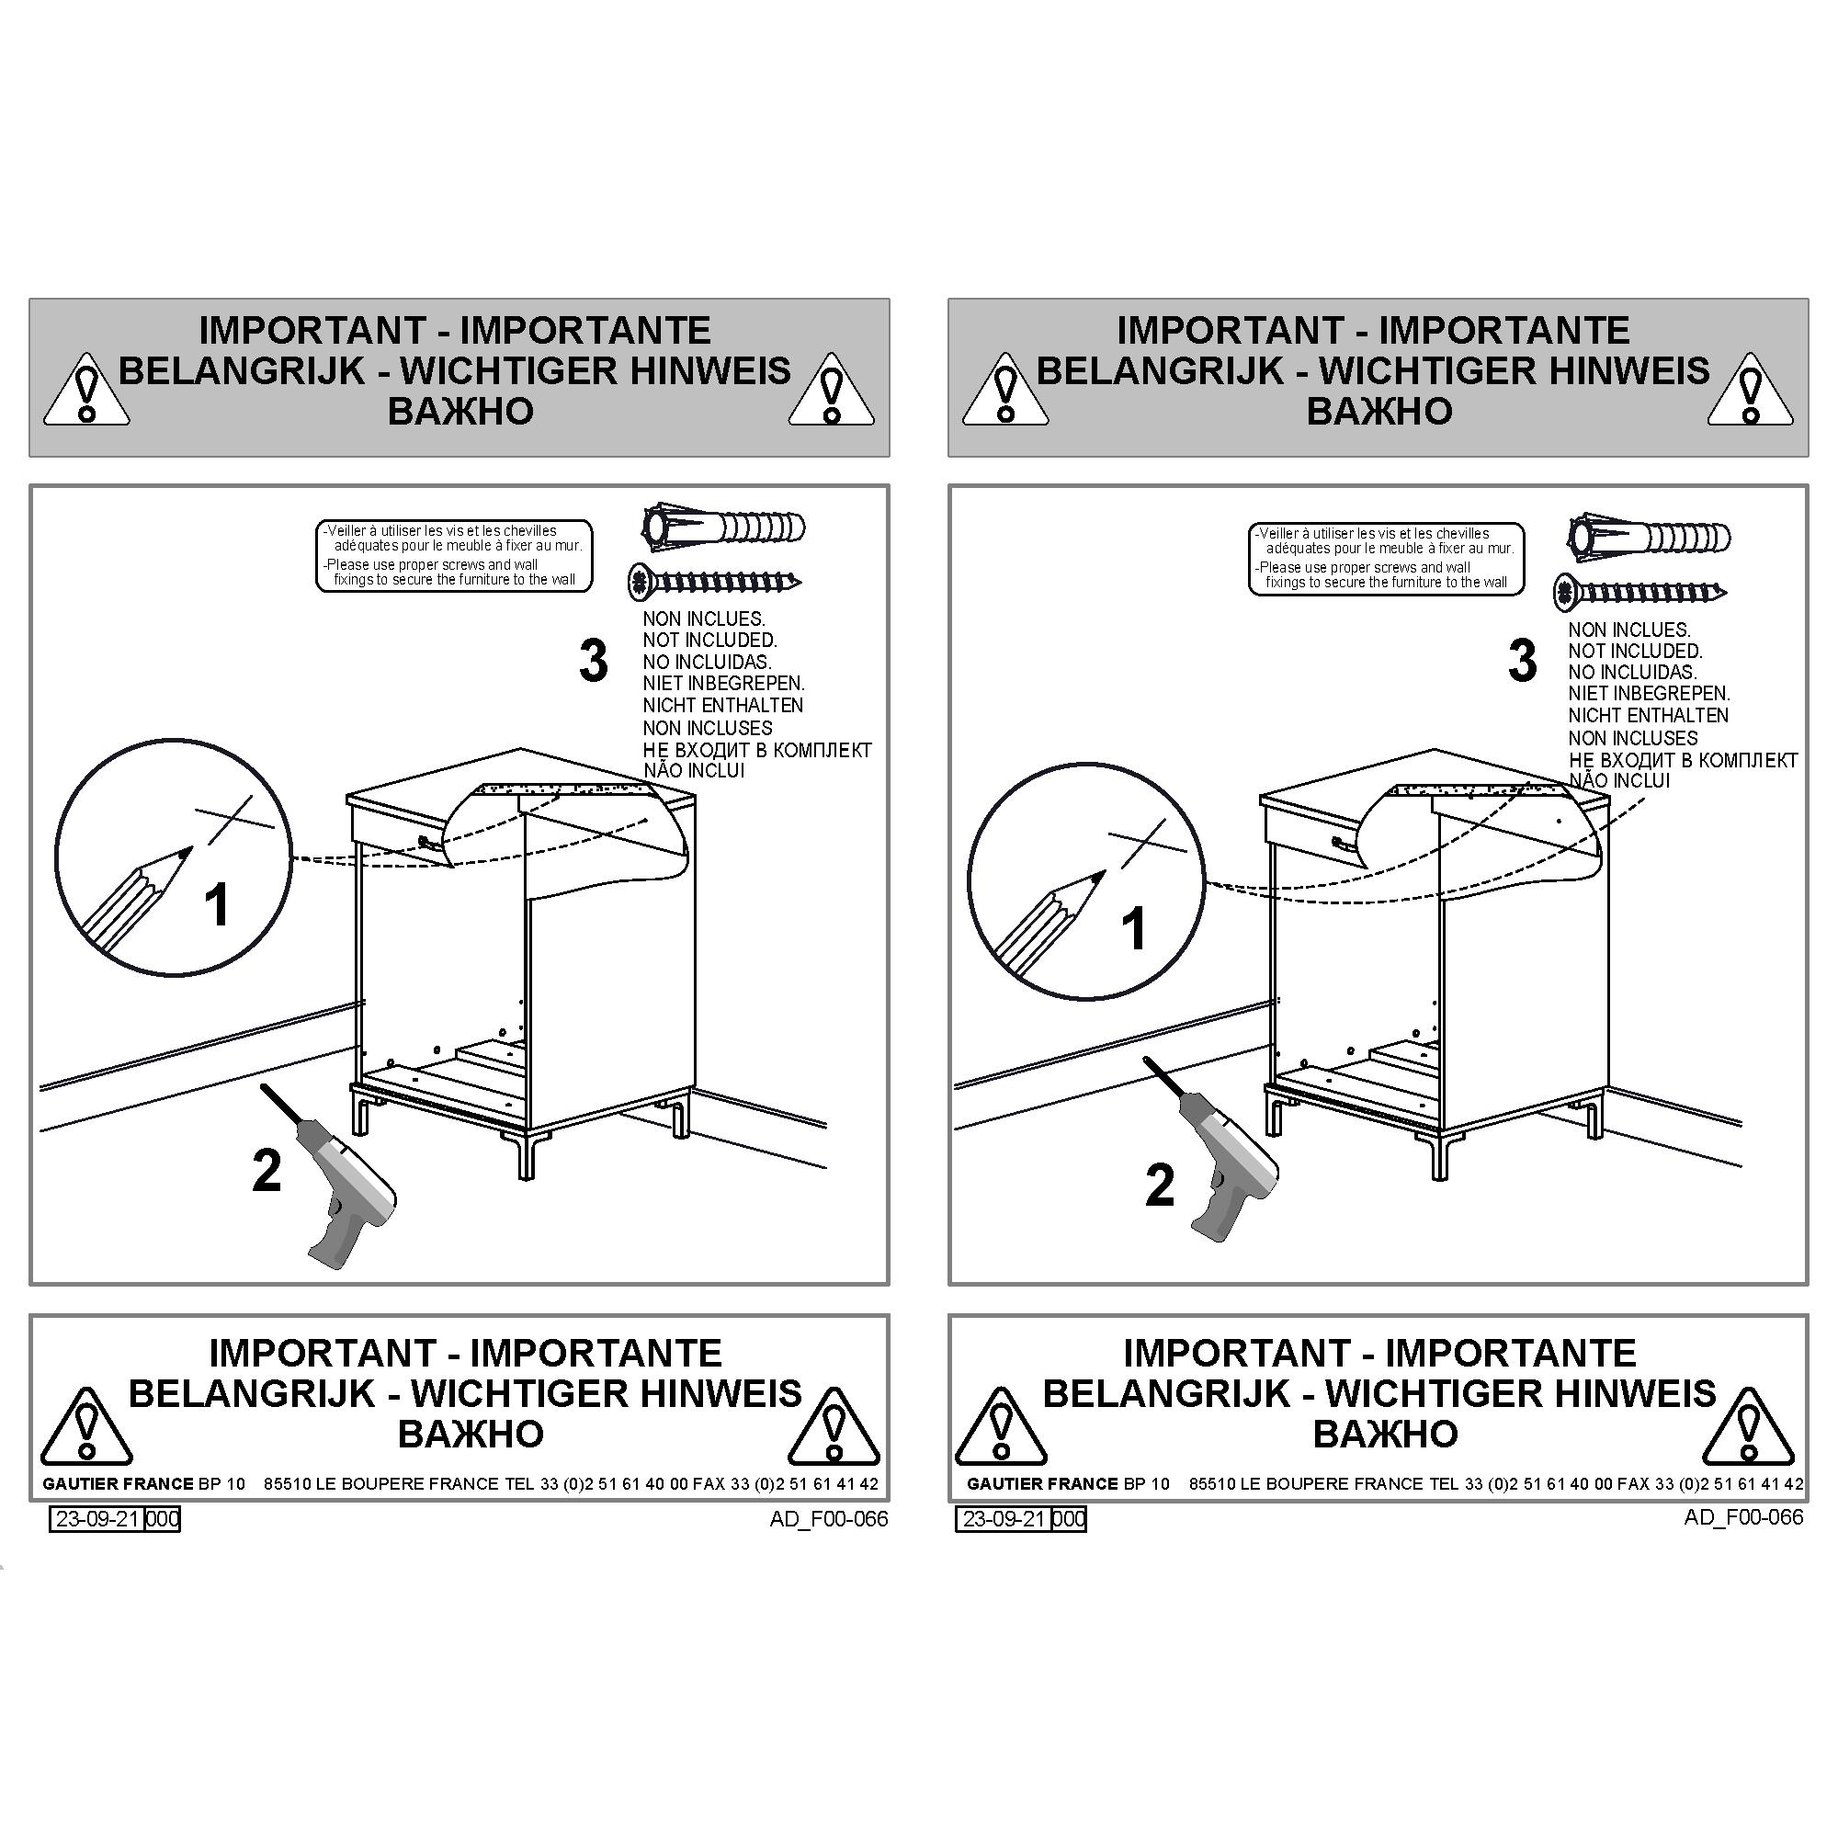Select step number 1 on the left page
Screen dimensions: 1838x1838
pyautogui.click(x=218, y=903)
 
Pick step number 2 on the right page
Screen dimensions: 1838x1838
pyautogui.click(x=1160, y=1186)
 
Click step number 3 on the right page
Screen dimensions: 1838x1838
pyautogui.click(x=1522, y=660)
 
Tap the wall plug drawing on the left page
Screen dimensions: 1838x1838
pyautogui.click(x=723, y=527)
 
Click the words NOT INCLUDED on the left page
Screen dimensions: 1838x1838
pyautogui.click(x=709, y=641)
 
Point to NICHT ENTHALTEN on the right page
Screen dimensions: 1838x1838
pyautogui.click(x=1649, y=714)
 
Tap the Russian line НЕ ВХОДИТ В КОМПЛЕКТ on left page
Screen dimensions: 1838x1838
pyautogui.click(x=757, y=750)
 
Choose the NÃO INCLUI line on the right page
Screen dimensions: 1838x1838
pyautogui.click(x=1619, y=780)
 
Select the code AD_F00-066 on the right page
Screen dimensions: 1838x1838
pyautogui.click(x=1744, y=1516)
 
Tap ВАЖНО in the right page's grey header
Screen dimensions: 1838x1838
pyautogui.click(x=1379, y=411)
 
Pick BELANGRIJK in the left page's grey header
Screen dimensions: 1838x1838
pyautogui.click(x=242, y=370)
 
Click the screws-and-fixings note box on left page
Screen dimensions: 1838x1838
pyautogui.click(x=454, y=556)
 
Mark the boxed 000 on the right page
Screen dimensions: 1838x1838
pyautogui.click(x=1070, y=1518)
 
